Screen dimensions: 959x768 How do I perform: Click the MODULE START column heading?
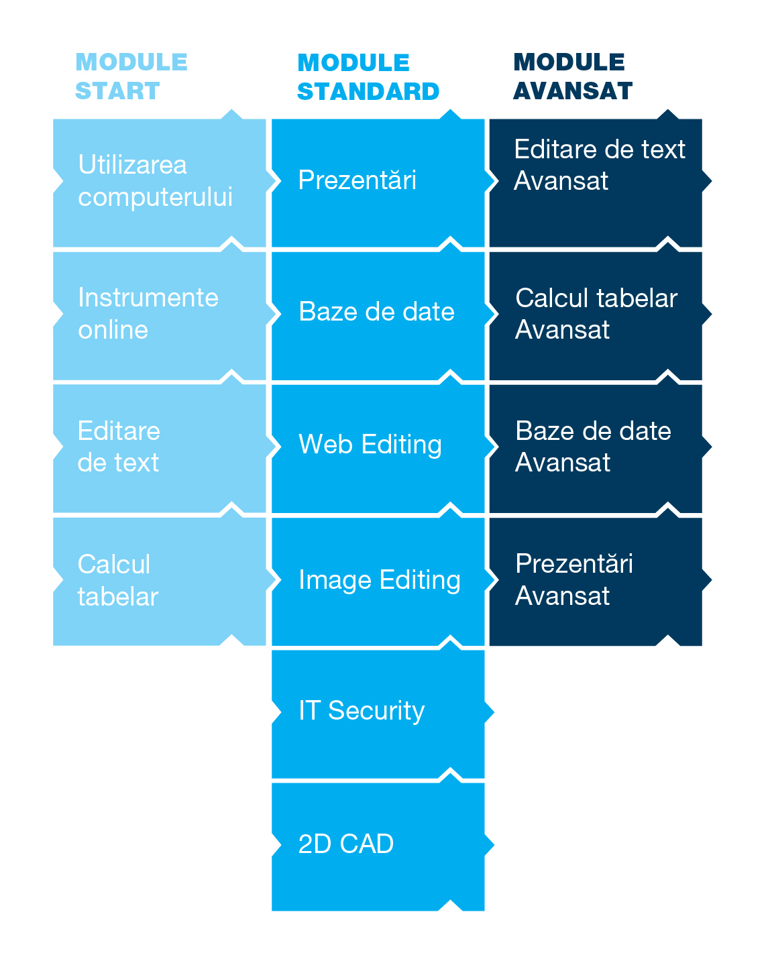[x=131, y=76]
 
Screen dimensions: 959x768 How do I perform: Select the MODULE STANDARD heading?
[x=368, y=77]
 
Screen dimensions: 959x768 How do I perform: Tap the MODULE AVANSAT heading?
[x=572, y=76]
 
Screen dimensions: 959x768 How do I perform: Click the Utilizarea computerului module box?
[x=159, y=182]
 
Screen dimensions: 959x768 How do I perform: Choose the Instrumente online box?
[x=159, y=315]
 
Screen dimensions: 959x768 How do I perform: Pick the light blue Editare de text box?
[x=159, y=447]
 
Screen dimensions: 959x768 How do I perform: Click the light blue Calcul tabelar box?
[x=159, y=581]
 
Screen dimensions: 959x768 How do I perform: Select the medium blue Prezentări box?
[x=378, y=182]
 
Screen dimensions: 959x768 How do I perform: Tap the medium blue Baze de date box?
[x=378, y=315]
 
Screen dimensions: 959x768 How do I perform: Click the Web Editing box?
[x=378, y=447]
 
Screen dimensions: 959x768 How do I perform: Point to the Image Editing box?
[x=378, y=581]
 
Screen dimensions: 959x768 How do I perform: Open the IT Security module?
[x=378, y=713]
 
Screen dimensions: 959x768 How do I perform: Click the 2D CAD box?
[x=378, y=846]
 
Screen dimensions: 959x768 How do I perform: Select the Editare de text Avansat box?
[x=596, y=182]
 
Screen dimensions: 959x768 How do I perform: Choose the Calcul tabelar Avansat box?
[x=596, y=315]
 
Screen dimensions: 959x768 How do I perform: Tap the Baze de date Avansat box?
[x=596, y=447]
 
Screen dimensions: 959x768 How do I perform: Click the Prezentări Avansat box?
[x=596, y=581]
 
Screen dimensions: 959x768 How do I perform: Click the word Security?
[x=376, y=711]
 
